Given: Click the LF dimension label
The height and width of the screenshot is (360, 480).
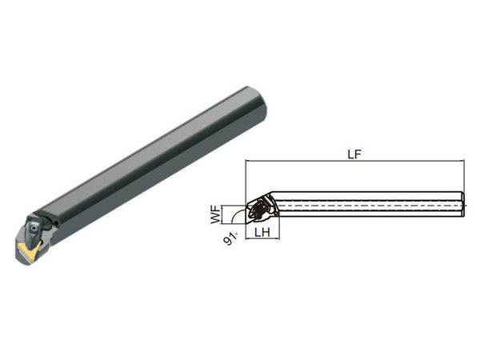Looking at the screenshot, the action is tap(354, 154).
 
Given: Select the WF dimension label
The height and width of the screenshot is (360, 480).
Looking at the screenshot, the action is tap(216, 214).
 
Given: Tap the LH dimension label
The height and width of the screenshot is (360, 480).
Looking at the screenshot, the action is tap(262, 233).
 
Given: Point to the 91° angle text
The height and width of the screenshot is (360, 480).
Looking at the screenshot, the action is tap(231, 238).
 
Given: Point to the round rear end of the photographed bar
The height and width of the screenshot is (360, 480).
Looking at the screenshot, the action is tap(262, 104).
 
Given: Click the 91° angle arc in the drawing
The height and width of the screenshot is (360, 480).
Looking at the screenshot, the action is tap(236, 214).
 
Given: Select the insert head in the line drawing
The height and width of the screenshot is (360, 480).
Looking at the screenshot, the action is tap(262, 208).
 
